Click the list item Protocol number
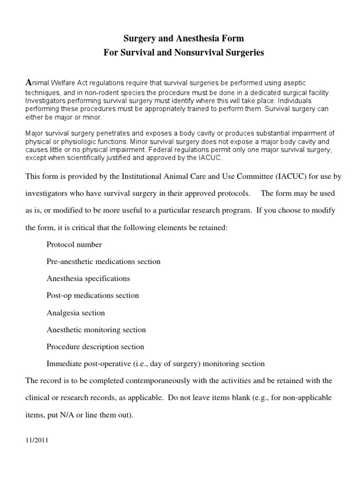point(74,244)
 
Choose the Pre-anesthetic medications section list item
point(104,262)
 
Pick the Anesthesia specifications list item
point(88,278)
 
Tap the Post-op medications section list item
point(93,295)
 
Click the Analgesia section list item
point(75,313)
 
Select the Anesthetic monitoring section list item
point(96,330)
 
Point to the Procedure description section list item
point(95,347)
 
